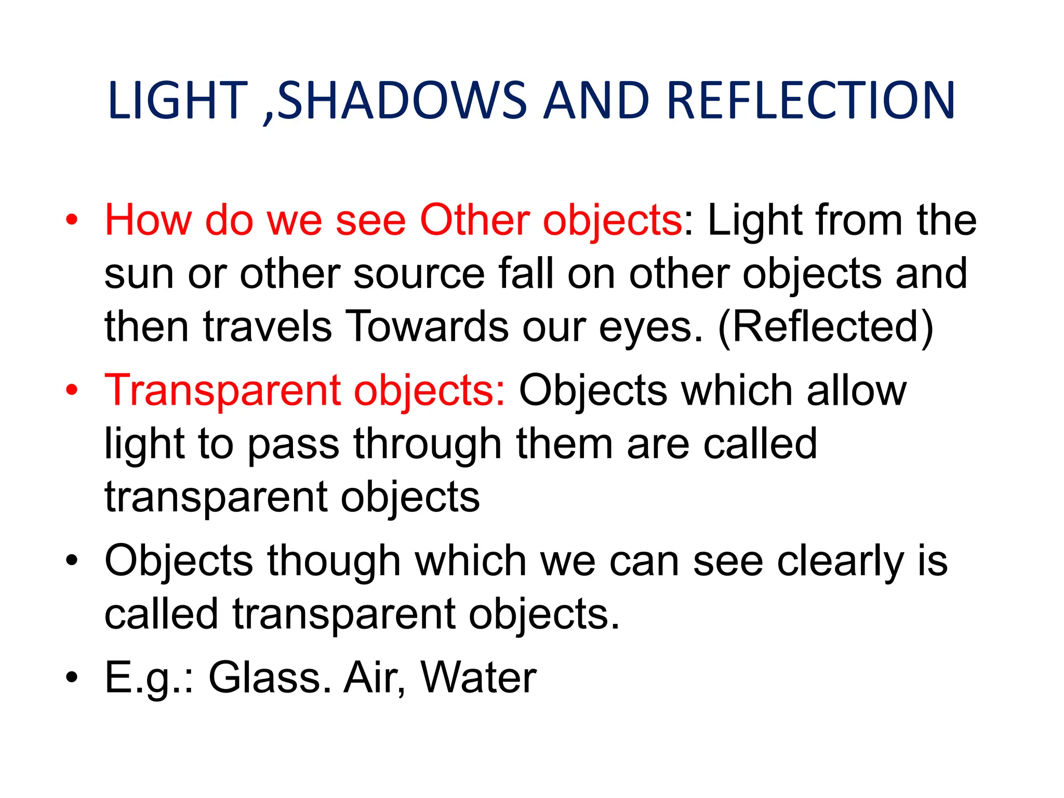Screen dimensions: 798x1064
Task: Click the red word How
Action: [148, 220]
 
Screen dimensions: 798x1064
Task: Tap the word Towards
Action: [427, 327]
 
